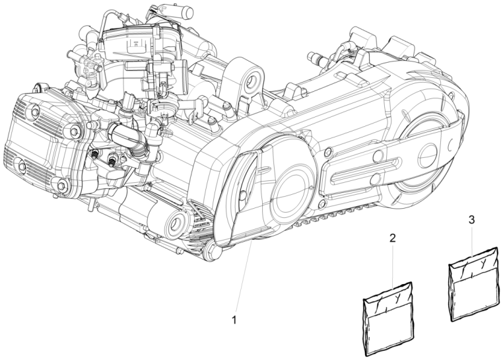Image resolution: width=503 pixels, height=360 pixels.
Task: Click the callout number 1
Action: (234, 320)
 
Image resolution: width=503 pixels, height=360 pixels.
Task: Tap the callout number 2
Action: (393, 238)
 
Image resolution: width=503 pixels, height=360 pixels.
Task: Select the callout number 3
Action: (471, 220)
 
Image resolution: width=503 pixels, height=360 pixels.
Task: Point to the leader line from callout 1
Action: (244, 276)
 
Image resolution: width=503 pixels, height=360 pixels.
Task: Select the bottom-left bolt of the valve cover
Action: (22, 166)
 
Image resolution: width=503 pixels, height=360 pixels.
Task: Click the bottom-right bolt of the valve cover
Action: (61, 186)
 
